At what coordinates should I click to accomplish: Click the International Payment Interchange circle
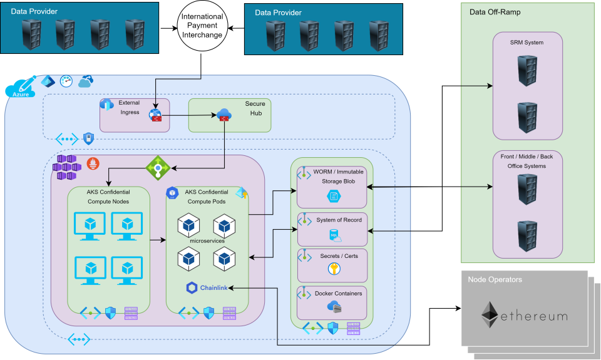(202, 26)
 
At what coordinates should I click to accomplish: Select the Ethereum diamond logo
(490, 314)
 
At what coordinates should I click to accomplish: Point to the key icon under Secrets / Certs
(333, 269)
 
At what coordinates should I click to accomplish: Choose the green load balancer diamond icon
(158, 167)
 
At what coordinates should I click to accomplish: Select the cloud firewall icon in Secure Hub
(224, 115)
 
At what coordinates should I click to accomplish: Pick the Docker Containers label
(338, 293)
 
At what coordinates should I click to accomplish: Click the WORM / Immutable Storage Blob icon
(333, 197)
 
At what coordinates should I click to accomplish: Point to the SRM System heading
(527, 43)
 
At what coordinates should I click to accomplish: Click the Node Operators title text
(495, 279)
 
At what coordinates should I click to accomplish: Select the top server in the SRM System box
(527, 71)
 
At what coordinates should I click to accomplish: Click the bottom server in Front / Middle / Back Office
(527, 236)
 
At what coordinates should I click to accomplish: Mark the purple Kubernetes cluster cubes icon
(66, 167)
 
